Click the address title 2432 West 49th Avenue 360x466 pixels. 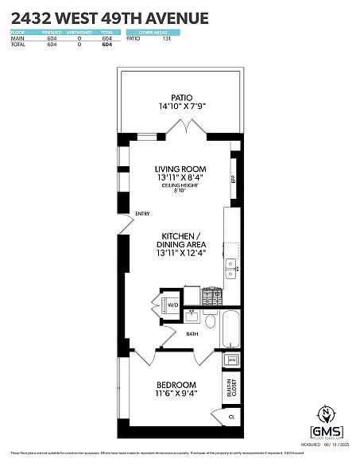(110, 17)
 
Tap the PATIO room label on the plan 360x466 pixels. (180, 98)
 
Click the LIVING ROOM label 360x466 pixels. (180, 169)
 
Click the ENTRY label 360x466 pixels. (143, 213)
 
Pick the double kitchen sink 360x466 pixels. (230, 268)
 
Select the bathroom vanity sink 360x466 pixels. (192, 316)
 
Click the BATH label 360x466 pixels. (192, 334)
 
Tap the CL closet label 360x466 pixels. (231, 415)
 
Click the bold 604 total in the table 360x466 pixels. (106, 45)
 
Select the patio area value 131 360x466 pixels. (166, 38)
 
